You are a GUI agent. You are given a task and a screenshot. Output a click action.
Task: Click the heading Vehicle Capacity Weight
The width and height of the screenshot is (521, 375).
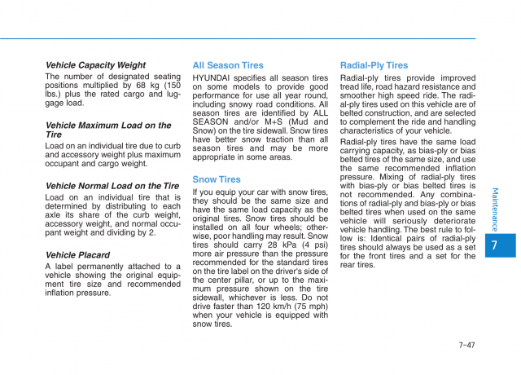[x=95, y=65]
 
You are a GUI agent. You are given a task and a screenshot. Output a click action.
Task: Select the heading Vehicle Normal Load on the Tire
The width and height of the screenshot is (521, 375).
[x=112, y=186]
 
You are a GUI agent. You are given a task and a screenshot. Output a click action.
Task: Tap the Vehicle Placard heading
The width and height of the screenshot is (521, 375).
[x=77, y=255]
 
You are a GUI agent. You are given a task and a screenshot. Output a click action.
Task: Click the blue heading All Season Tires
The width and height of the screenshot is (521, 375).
[x=228, y=65]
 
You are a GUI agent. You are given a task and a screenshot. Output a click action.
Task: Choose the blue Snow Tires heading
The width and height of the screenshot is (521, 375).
[x=217, y=179]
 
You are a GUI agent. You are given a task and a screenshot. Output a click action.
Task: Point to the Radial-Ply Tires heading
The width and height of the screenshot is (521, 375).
[x=374, y=65]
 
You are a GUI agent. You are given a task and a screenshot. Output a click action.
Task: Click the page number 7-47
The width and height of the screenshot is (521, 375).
[x=466, y=345]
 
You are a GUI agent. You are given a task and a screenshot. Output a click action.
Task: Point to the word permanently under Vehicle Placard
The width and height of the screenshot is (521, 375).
[x=110, y=267]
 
